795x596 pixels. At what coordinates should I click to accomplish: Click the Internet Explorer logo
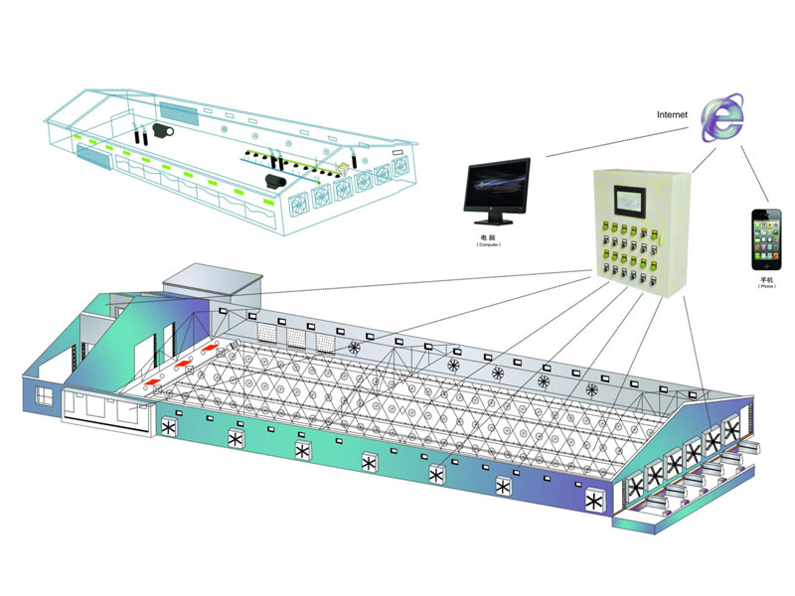(722, 118)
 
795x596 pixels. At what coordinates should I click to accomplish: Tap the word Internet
(672, 114)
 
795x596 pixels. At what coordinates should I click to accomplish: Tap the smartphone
(765, 240)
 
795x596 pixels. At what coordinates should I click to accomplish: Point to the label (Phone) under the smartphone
(765, 288)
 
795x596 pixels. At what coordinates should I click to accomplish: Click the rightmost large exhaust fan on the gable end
(733, 430)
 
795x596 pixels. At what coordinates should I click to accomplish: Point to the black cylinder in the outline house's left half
(164, 130)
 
